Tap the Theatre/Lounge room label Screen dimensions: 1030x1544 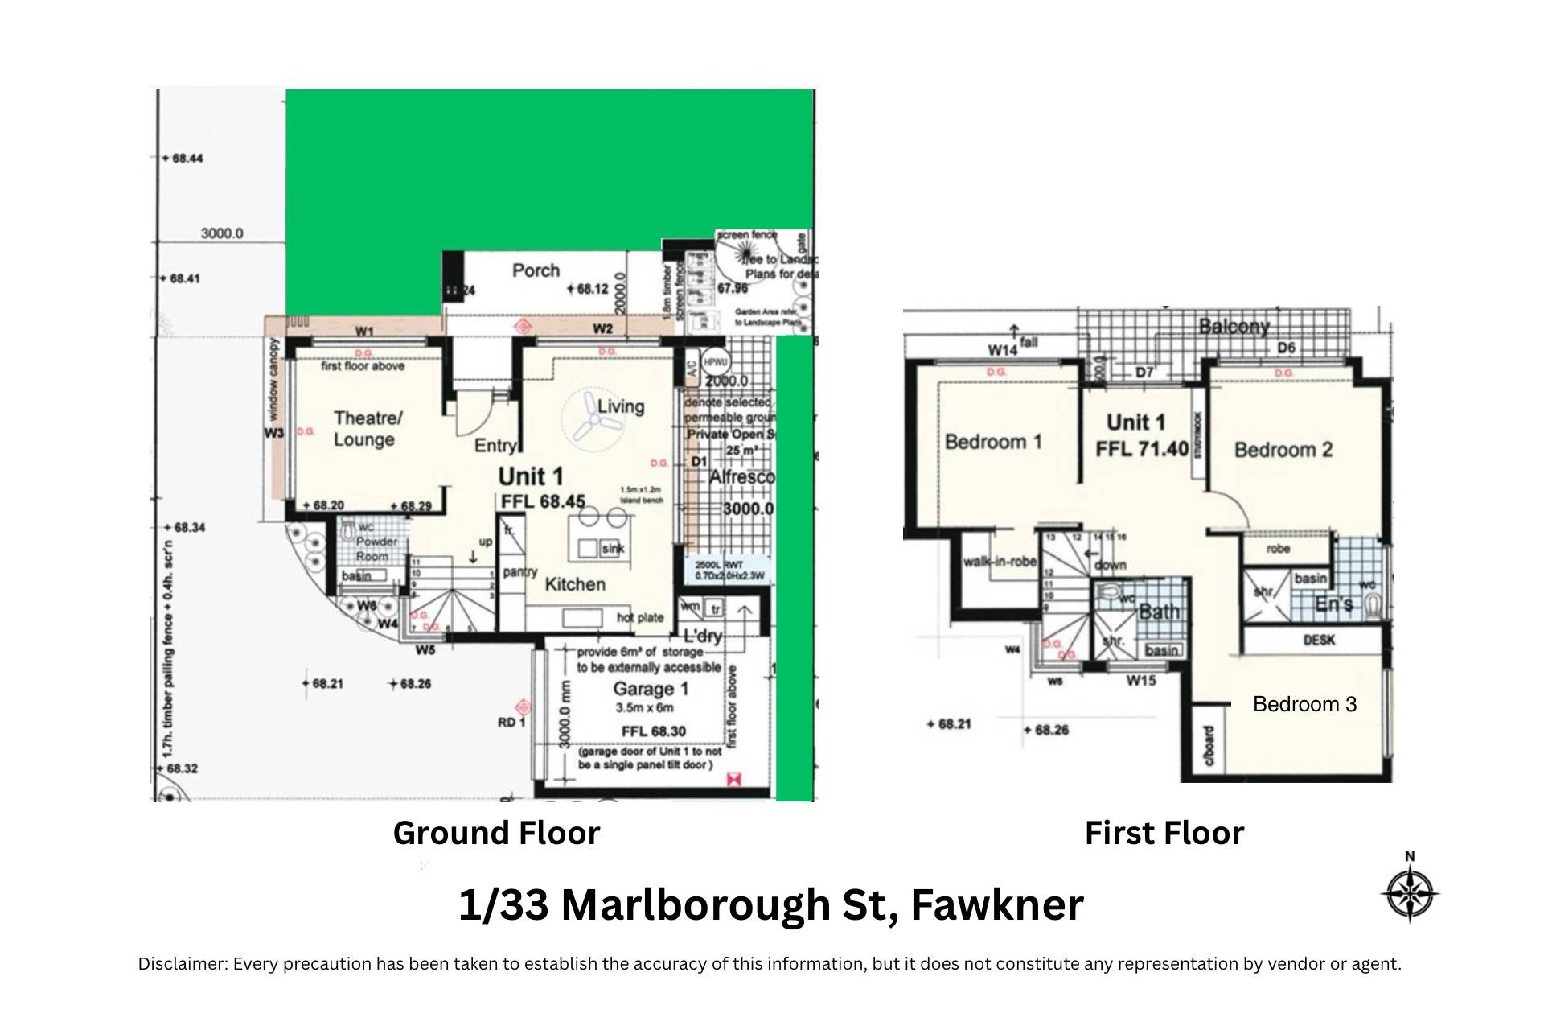click(x=367, y=429)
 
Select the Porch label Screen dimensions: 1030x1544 click(x=536, y=270)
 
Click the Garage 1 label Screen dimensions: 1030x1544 click(x=651, y=689)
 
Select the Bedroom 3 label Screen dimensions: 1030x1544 click(x=1304, y=704)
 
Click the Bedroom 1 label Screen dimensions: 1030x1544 click(x=993, y=442)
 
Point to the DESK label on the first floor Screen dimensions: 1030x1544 click(x=1318, y=641)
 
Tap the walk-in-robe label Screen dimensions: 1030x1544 click(x=1000, y=562)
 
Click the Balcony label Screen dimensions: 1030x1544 click(x=1234, y=326)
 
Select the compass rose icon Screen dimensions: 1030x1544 click(x=1409, y=893)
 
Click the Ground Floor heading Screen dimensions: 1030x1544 click(x=496, y=833)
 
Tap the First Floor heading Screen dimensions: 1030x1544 click(x=1164, y=833)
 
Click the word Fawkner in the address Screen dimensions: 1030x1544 click(x=997, y=904)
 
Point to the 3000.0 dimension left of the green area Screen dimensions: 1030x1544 click(x=222, y=233)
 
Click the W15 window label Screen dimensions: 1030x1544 click(x=1140, y=681)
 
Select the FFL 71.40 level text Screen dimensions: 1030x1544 click(x=1141, y=448)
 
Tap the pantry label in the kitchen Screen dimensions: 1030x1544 click(x=519, y=572)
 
